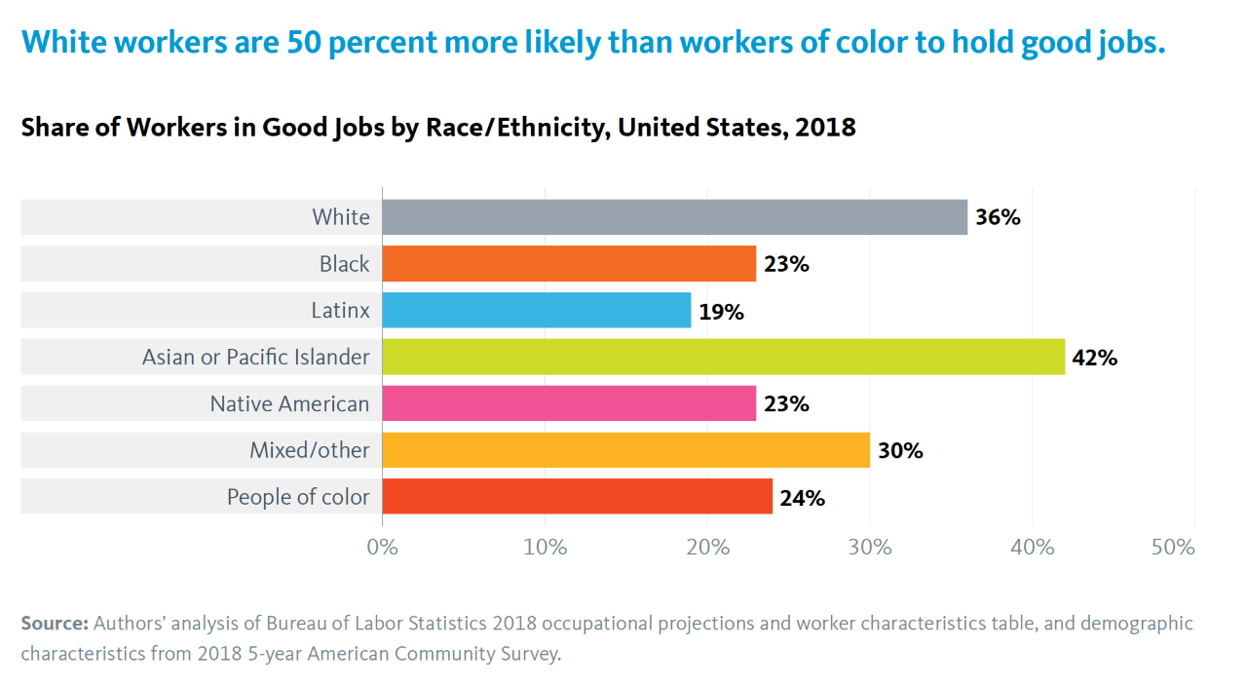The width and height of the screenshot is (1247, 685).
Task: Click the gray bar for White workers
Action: pos(674,217)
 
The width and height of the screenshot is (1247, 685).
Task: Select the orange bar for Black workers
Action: pos(569,264)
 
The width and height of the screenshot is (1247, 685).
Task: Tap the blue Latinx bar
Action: pos(536,311)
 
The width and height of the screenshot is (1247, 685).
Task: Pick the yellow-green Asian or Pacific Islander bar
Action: pos(723,358)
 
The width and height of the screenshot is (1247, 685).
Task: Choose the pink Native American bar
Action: pos(569,403)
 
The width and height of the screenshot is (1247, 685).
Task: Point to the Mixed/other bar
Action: pos(625,450)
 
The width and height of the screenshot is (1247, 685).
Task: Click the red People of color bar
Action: pos(577,497)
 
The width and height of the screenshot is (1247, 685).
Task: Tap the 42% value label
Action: pos(1095,358)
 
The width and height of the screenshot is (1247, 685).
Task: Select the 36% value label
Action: pos(998,217)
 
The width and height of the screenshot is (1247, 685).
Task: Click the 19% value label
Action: pos(721,312)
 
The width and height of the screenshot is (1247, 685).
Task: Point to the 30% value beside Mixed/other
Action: pos(900,451)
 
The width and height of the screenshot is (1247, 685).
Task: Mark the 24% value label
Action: pos(802,498)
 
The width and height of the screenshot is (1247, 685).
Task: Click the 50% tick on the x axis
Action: pos(1172,548)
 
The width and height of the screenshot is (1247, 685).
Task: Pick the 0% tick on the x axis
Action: pos(382,548)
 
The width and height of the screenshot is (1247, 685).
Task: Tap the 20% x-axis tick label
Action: pos(707,548)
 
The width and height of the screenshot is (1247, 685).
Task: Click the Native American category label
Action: pos(289,403)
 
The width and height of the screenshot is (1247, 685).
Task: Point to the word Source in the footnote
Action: pos(55,624)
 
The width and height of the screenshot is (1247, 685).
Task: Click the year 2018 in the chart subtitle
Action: pos(824,128)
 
